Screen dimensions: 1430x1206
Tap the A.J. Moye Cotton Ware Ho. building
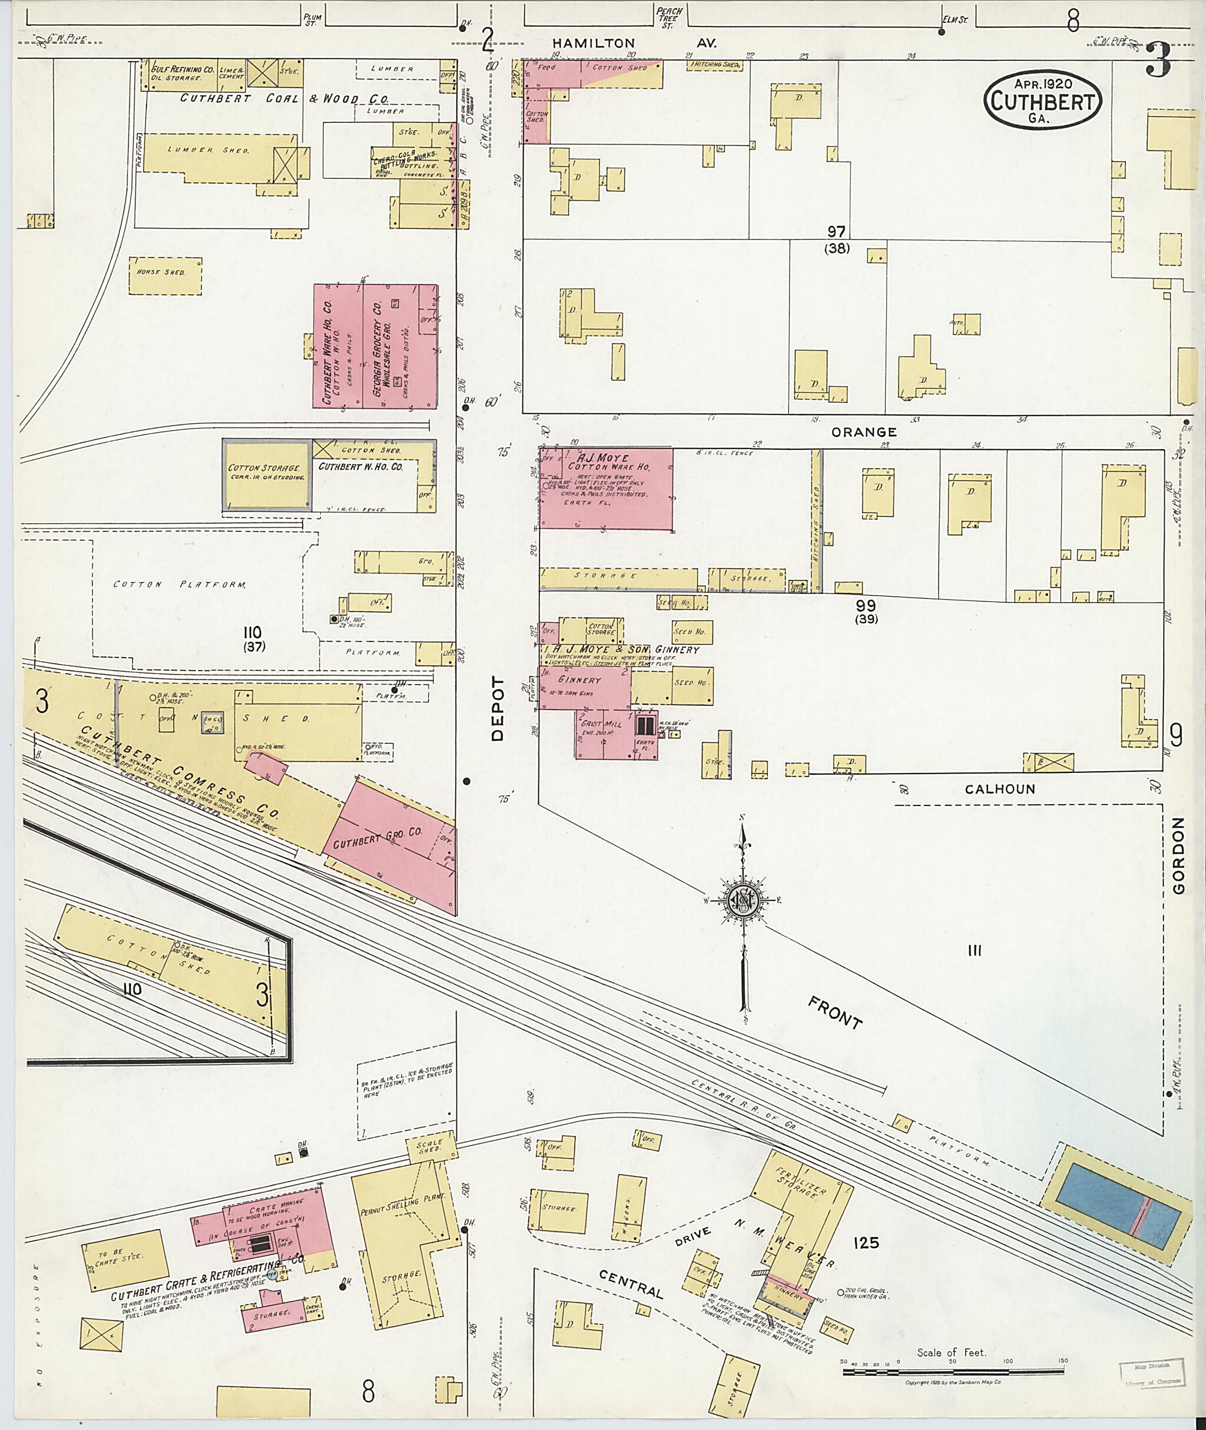point(605,488)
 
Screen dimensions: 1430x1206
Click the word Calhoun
point(999,789)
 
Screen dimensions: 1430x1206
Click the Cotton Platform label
point(179,585)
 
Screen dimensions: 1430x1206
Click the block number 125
point(866,1243)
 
